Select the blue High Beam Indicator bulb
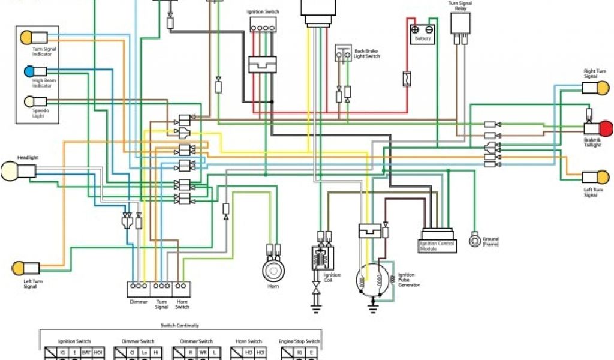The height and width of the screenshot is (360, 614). pyautogui.click(x=28, y=71)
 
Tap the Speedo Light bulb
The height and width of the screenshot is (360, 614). pyautogui.click(x=28, y=101)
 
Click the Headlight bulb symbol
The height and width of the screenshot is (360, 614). pyautogui.click(x=10, y=171)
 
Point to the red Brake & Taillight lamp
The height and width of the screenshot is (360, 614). pyautogui.click(x=606, y=128)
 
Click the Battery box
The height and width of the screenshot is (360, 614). pyautogui.click(x=423, y=34)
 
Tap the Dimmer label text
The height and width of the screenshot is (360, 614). pyautogui.click(x=139, y=302)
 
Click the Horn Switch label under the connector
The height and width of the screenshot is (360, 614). pyautogui.click(x=182, y=304)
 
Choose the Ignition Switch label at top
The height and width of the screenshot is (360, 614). pyautogui.click(x=263, y=11)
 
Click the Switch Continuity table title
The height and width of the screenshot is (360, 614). pyautogui.click(x=179, y=326)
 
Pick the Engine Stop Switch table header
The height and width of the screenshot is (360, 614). pyautogui.click(x=299, y=341)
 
